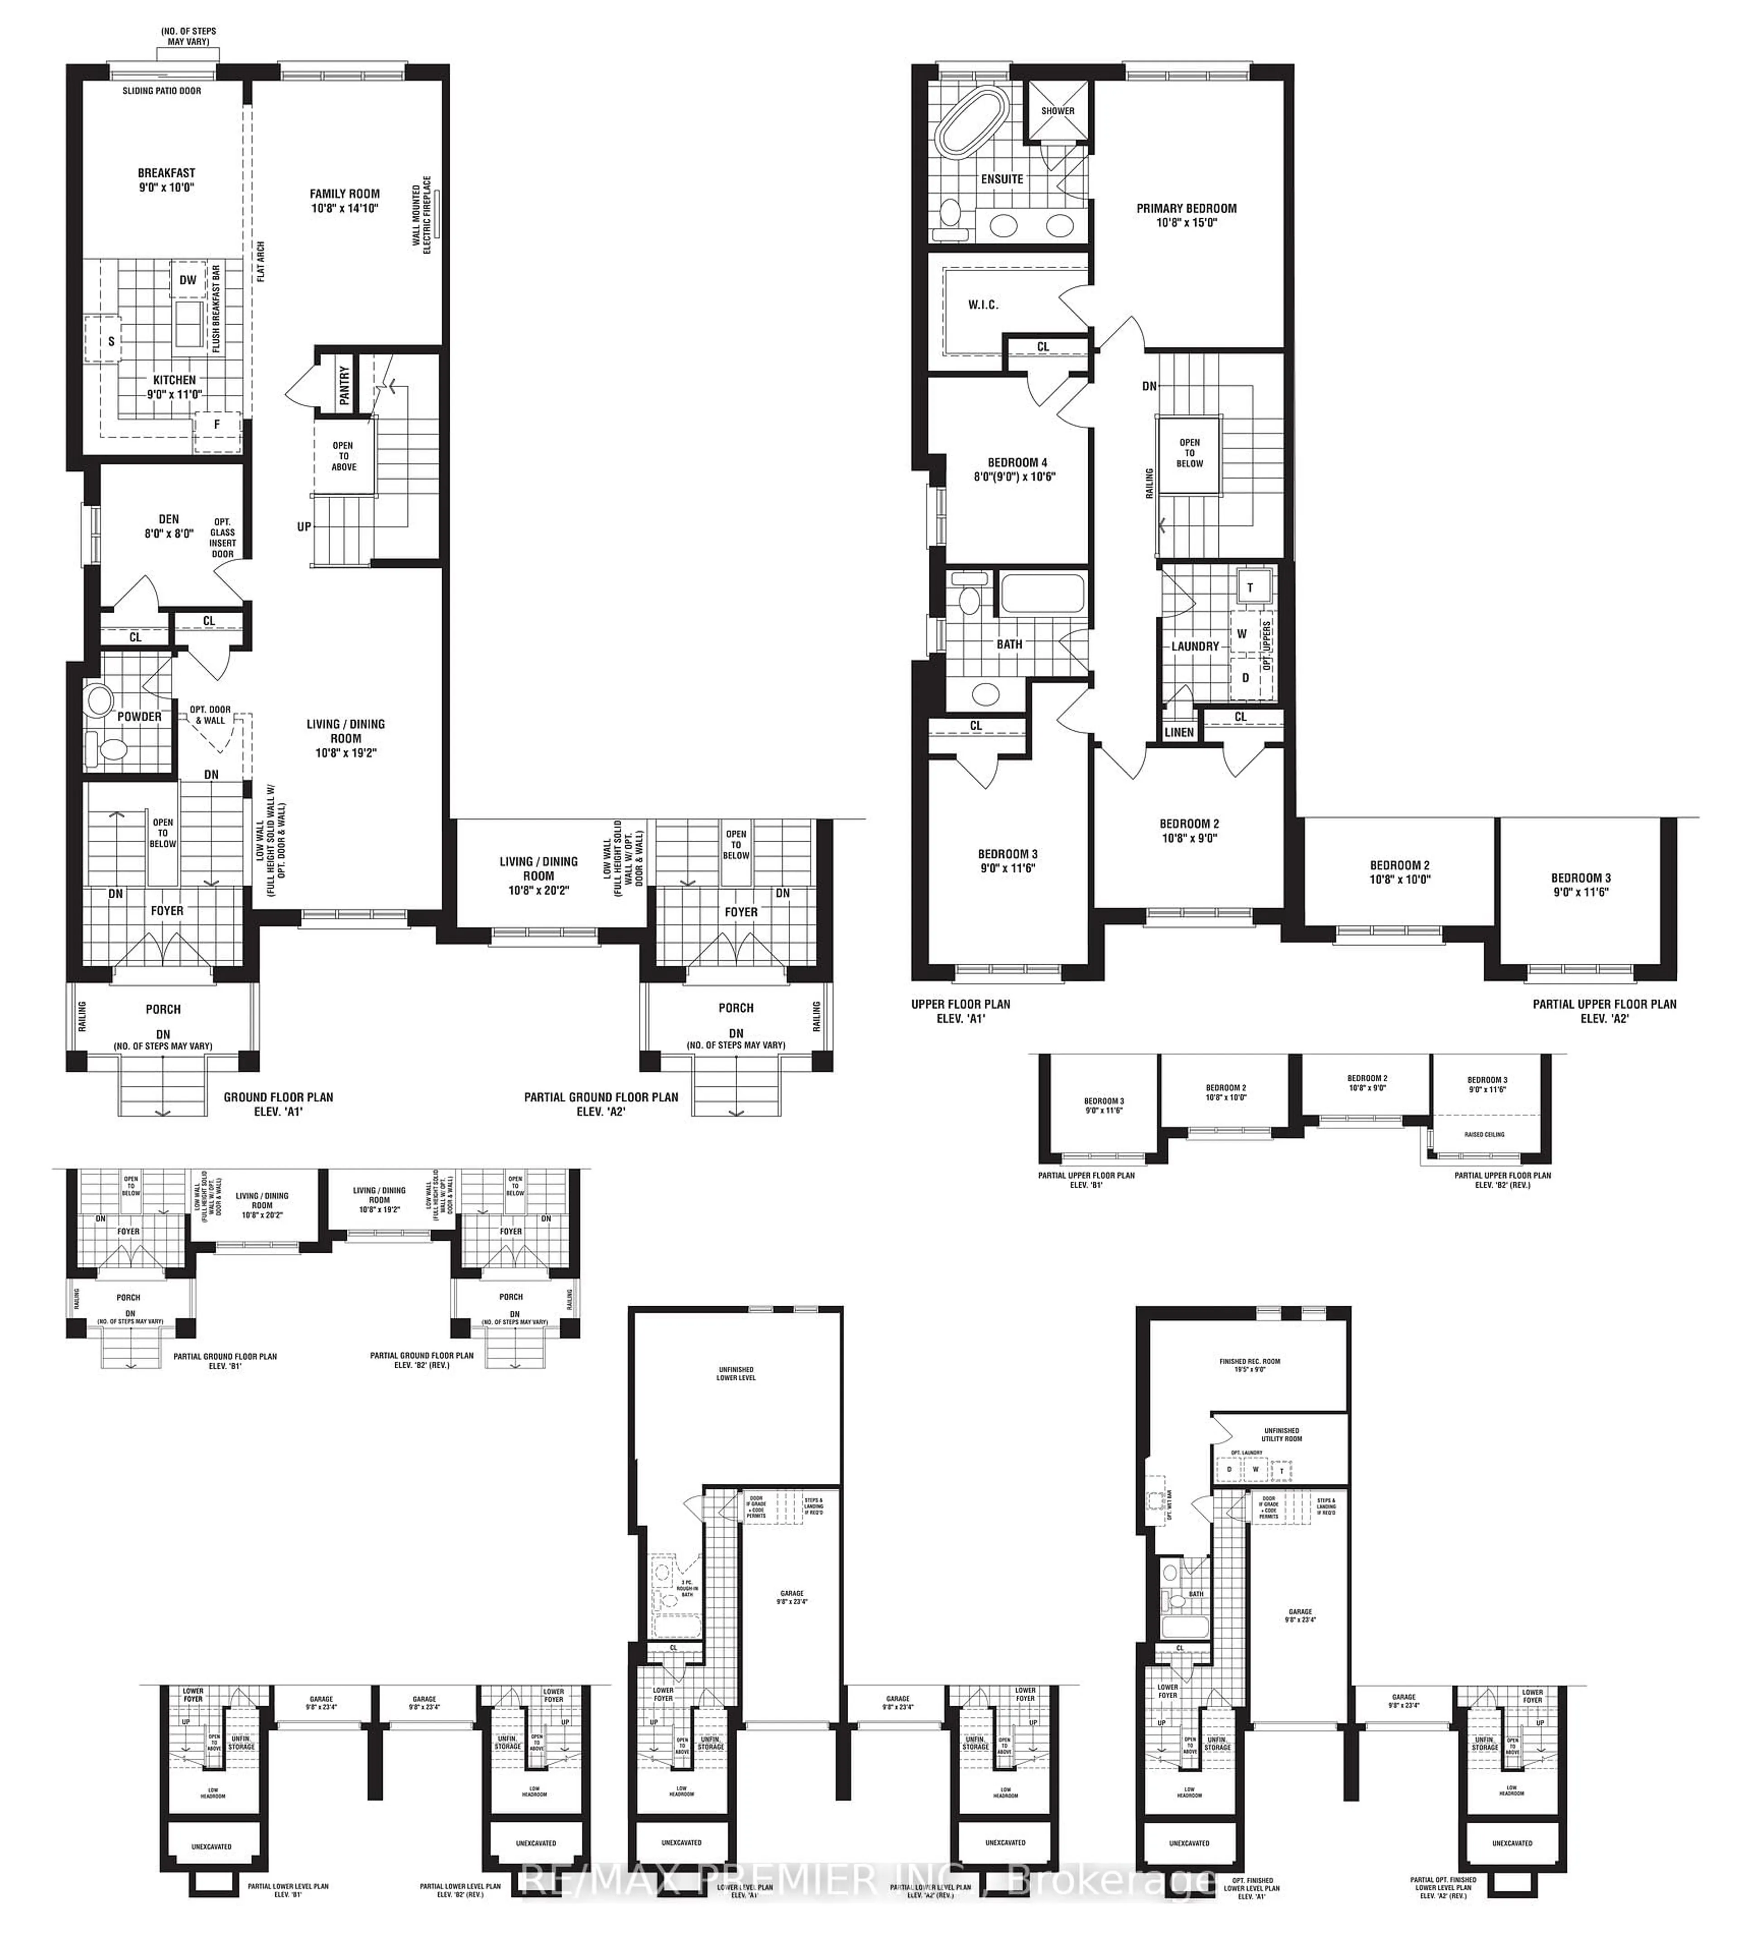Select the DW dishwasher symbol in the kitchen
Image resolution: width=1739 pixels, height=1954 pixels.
click(x=187, y=280)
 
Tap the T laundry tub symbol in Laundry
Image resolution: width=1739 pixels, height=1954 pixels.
click(x=1249, y=587)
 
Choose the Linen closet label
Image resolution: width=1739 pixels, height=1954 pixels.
click(x=1179, y=732)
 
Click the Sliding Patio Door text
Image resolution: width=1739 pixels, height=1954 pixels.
click(x=162, y=91)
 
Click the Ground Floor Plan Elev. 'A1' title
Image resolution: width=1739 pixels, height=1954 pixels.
click(x=278, y=1104)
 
